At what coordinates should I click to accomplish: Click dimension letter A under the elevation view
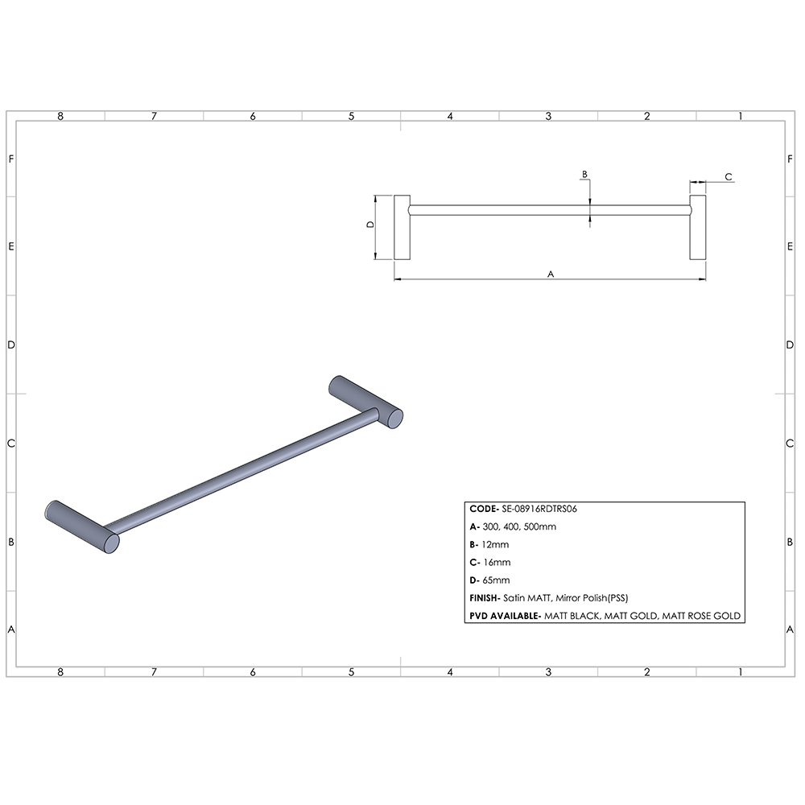[x=551, y=274]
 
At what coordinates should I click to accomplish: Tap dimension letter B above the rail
[x=585, y=174]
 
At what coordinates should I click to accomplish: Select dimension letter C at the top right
[x=728, y=176]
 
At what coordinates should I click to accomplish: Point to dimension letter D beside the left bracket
[x=370, y=226]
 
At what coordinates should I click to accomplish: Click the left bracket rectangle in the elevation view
[x=402, y=227]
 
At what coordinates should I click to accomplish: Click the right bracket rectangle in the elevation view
[x=697, y=227]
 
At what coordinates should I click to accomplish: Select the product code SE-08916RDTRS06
[x=540, y=510]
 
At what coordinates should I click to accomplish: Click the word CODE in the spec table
[x=483, y=510]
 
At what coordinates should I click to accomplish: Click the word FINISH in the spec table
[x=485, y=598]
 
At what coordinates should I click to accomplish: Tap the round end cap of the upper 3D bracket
[x=394, y=418]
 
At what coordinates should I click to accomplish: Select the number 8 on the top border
[x=60, y=116]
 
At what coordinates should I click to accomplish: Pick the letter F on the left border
[x=11, y=159]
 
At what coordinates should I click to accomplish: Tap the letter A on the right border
[x=791, y=629]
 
